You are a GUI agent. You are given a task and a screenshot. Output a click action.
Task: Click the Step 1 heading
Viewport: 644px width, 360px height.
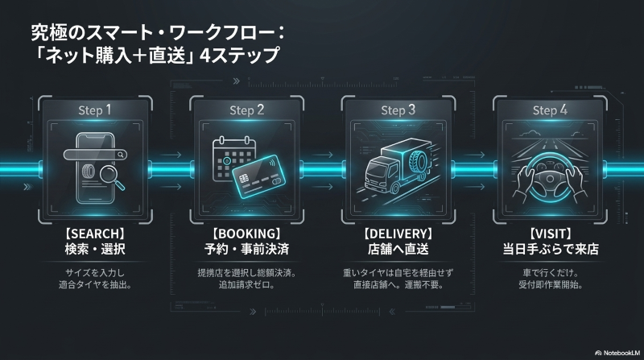pyautogui.click(x=95, y=110)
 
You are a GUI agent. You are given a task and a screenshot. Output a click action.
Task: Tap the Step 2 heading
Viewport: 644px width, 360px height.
pyautogui.click(x=247, y=110)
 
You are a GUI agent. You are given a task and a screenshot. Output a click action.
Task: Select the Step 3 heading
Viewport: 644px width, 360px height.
pyautogui.click(x=398, y=110)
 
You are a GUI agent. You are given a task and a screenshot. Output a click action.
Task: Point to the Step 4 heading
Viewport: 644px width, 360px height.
pyautogui.click(x=550, y=110)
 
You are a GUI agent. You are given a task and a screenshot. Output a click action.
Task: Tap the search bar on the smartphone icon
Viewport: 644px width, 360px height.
pyautogui.click(x=95, y=155)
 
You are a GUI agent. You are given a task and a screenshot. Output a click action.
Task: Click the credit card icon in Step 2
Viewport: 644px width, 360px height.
pyautogui.click(x=258, y=178)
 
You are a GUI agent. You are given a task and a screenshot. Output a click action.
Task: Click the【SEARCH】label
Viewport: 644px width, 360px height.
pyautogui.click(x=95, y=234)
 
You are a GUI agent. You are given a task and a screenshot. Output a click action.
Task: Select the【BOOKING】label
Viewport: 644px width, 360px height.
pyautogui.click(x=246, y=234)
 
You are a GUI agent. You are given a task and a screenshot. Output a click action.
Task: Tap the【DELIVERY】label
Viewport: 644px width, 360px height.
pyautogui.click(x=398, y=234)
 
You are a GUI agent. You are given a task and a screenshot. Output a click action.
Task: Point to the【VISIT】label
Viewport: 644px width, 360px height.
pyautogui.click(x=551, y=234)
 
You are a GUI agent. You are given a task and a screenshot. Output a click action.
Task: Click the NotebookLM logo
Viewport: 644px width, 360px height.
pyautogui.click(x=617, y=353)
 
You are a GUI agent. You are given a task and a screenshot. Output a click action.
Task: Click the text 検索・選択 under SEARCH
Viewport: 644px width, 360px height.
pyautogui.click(x=95, y=249)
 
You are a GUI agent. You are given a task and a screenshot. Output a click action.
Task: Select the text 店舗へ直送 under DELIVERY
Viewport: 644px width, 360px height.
pyautogui.click(x=398, y=249)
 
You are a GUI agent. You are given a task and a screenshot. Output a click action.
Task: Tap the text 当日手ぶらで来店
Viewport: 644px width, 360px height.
pyautogui.click(x=551, y=249)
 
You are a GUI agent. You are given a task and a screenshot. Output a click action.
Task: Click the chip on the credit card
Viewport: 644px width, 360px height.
pyautogui.click(x=244, y=179)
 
